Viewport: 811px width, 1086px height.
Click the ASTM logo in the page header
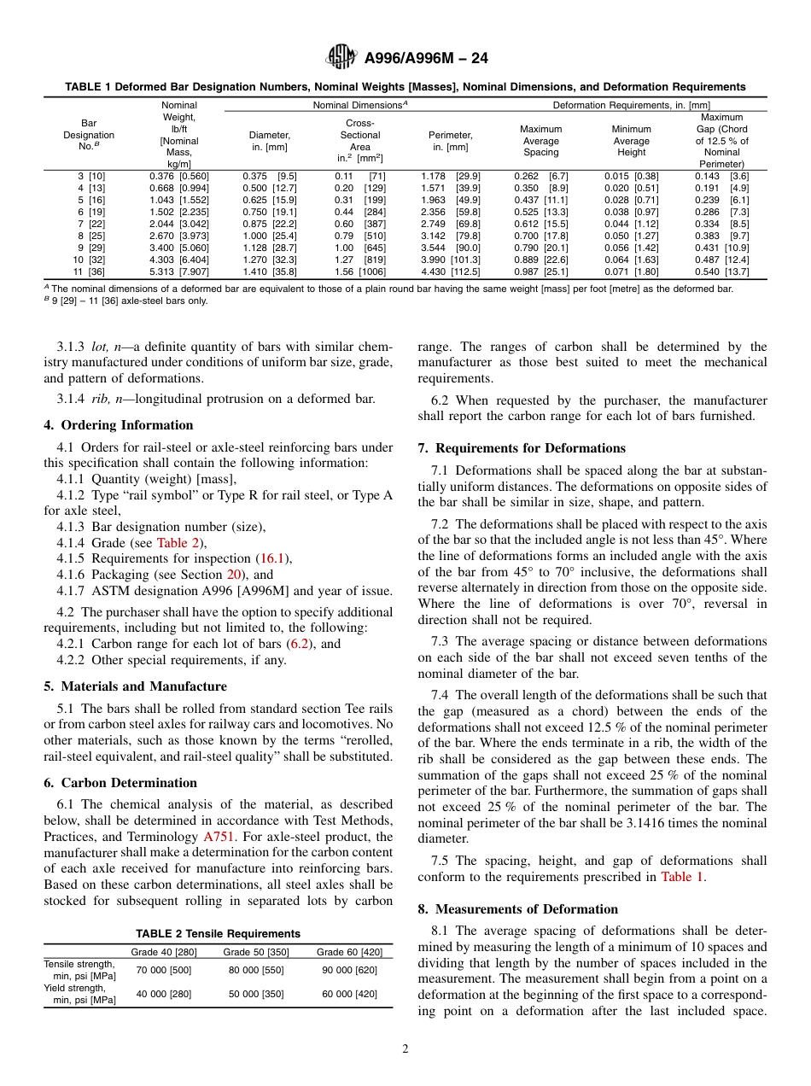341,58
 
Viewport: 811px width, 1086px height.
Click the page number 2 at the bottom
405,1049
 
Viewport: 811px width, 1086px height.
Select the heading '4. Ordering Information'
119,425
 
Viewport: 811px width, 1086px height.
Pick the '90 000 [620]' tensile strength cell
349,970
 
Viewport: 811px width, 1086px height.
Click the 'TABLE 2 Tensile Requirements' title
218,933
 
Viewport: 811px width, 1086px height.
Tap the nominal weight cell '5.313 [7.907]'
178,271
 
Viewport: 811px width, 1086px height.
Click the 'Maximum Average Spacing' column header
540,140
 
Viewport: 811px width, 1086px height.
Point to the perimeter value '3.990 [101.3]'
451,260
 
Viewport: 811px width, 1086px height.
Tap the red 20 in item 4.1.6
235,575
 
